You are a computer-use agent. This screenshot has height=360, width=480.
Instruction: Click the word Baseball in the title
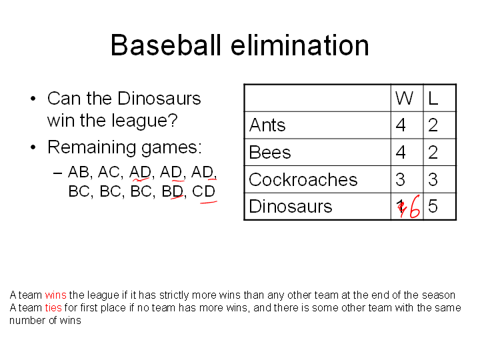[x=165, y=45]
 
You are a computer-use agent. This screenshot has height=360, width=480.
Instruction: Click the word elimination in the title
[x=300, y=45]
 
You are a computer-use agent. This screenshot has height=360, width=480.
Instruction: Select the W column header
[x=404, y=98]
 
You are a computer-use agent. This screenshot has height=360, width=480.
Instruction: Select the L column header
[x=433, y=98]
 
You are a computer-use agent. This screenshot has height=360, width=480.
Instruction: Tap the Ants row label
[x=267, y=125]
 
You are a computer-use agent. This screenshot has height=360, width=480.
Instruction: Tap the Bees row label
[x=270, y=152]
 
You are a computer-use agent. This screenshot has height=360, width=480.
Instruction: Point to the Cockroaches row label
[x=303, y=179]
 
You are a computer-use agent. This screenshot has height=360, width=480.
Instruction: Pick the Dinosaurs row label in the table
[x=291, y=206]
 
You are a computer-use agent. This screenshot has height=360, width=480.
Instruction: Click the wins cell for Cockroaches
[x=401, y=179]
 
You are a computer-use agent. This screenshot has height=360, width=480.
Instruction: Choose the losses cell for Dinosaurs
[x=433, y=206]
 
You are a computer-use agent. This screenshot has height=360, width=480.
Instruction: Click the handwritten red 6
[x=415, y=207]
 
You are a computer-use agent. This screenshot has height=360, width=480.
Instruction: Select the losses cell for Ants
[x=433, y=125]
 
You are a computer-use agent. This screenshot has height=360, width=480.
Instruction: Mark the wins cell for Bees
[x=401, y=152]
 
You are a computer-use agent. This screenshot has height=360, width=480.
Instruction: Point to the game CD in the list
[x=203, y=191]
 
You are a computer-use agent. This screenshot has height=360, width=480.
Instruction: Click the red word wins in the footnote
[x=55, y=295]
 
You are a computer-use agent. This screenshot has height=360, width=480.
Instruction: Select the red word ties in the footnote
[x=53, y=307]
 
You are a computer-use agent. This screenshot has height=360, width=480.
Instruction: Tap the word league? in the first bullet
[x=145, y=121]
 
